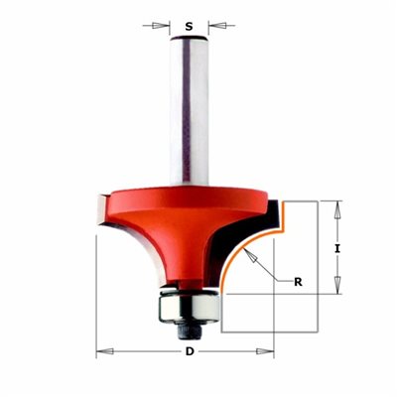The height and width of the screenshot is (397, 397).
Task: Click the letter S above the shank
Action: tap(189, 26)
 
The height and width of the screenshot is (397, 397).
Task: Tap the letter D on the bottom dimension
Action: tap(190, 351)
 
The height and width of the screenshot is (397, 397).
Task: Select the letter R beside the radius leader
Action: tap(298, 282)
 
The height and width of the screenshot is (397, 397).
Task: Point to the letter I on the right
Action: tap(337, 248)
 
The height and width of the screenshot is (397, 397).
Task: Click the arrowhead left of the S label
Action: tap(161, 26)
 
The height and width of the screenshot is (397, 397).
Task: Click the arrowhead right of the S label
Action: tap(217, 26)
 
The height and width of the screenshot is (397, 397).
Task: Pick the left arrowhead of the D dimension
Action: tap(104, 351)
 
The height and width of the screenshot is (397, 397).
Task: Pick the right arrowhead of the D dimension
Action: tap(265, 351)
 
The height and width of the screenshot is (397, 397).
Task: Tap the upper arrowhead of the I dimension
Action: tap(337, 209)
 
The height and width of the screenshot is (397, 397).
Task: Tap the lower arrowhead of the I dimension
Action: tap(337, 285)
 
